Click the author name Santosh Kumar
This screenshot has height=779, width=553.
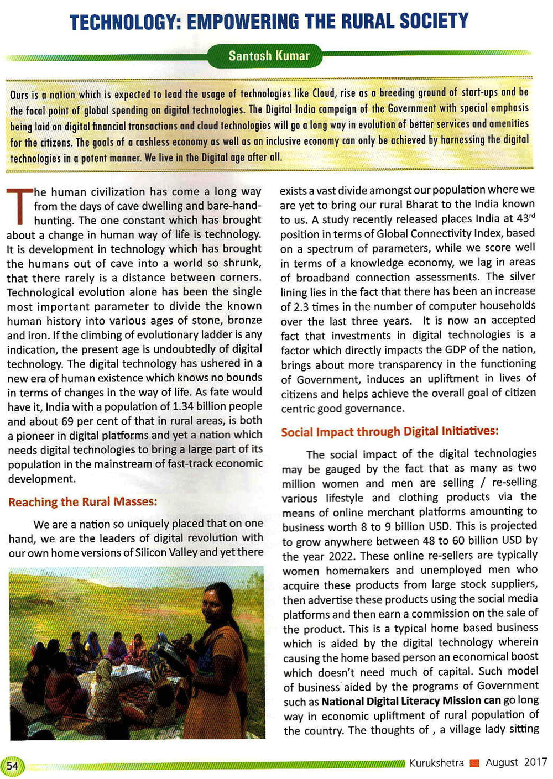pyautogui.click(x=269, y=56)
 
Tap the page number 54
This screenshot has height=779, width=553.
pyautogui.click(x=13, y=765)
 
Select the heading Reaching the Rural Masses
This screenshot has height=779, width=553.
pyautogui.click(x=82, y=502)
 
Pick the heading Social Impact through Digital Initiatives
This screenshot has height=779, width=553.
pyautogui.click(x=389, y=431)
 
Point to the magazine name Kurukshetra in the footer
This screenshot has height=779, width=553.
pyautogui.click(x=436, y=763)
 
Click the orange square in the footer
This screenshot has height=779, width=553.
pyautogui.click(x=474, y=764)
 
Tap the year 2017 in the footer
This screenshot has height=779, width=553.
pyautogui.click(x=535, y=762)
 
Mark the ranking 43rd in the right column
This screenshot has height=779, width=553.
pyautogui.click(x=525, y=218)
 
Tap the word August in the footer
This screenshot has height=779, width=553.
pyautogui.click(x=502, y=762)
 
